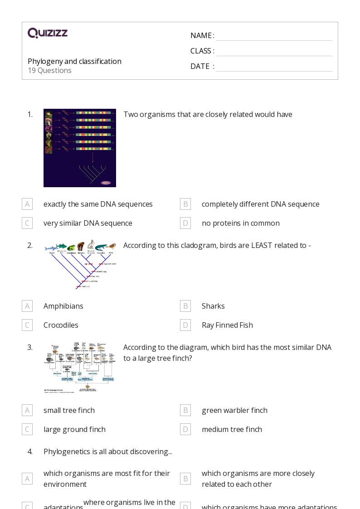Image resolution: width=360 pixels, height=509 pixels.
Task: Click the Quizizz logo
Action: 48,33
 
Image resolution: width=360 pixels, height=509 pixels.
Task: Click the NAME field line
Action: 274,36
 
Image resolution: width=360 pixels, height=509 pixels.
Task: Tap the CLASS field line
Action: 274,52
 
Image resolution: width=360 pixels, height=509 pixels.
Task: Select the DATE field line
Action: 274,67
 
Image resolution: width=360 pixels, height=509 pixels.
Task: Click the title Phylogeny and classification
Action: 74,61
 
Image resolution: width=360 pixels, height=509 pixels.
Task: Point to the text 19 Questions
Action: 49,70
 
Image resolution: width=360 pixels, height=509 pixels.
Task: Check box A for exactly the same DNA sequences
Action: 27,204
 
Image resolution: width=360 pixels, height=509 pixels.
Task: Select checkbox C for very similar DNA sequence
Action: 27,223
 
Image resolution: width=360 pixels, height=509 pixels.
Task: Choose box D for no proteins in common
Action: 185,223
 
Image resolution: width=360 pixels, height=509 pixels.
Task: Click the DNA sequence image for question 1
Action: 80,148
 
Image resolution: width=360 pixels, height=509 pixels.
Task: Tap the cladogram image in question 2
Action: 80,265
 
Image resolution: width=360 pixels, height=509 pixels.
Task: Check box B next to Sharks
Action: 185,306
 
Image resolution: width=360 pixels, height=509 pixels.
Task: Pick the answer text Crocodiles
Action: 61,325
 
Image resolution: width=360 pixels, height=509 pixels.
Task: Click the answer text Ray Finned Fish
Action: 227,325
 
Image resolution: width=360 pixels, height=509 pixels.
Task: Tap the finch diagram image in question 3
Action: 80,367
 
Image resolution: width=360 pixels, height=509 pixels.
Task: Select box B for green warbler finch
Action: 185,410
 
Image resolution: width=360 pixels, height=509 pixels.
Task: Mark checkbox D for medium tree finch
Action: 185,429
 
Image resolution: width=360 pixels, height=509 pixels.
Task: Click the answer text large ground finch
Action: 74,429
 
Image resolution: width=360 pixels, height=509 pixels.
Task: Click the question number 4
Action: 30,451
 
